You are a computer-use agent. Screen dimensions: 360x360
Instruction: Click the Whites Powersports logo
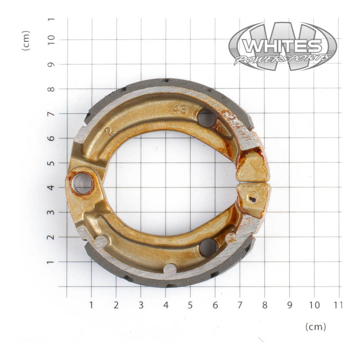click(283, 46)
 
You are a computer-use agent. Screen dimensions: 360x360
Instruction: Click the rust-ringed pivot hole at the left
click(82, 183)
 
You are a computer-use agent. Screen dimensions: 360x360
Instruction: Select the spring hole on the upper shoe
click(207, 119)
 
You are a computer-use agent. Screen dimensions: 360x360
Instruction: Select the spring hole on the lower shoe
click(209, 248)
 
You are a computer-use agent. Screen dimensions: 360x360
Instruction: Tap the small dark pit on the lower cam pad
click(253, 199)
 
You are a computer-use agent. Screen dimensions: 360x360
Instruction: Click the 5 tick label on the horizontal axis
click(190, 305)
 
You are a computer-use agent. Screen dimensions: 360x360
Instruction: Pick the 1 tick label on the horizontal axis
click(91, 305)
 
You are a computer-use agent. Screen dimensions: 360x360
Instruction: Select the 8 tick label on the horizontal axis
click(264, 305)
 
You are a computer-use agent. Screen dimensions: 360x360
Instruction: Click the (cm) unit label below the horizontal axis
click(316, 327)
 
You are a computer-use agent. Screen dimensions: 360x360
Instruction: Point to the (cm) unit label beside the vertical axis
click(26, 40)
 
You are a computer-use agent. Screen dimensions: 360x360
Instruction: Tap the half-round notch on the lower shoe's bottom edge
click(170, 268)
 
